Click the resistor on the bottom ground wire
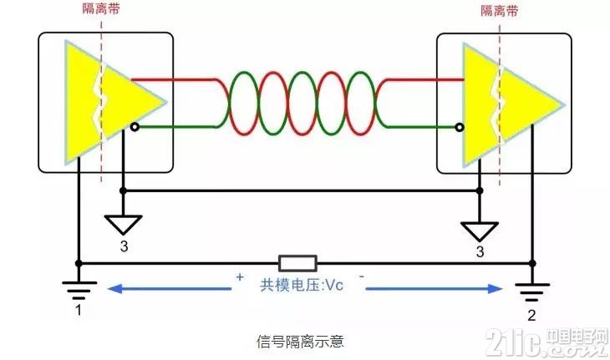[x=297, y=263]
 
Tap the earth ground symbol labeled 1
[x=79, y=290]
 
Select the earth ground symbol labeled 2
[x=532, y=292]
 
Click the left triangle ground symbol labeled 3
[x=123, y=225]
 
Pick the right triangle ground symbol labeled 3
[x=480, y=231]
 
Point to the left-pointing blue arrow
[x=170, y=289]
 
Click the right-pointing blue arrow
[x=434, y=289]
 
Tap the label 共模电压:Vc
[x=302, y=285]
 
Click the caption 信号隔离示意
[x=300, y=342]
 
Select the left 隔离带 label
[x=101, y=9]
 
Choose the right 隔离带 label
[x=500, y=11]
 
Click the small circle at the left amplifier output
[x=135, y=127]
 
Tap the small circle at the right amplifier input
[x=460, y=127]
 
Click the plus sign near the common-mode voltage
[x=240, y=276]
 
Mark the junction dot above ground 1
[x=79, y=264]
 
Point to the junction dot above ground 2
[x=532, y=264]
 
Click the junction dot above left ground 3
[x=123, y=190]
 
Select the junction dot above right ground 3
[x=480, y=190]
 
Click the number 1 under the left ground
[x=79, y=310]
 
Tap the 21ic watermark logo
[x=547, y=342]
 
